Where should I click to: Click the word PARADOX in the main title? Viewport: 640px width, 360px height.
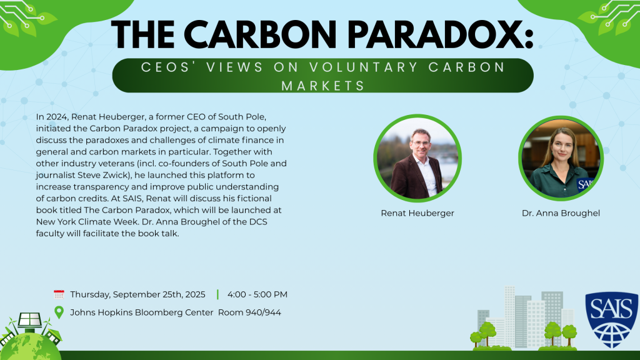pyautogui.click(x=440, y=35)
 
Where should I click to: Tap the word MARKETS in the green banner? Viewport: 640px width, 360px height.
pyautogui.click(x=323, y=86)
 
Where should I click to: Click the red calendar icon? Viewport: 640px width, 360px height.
pyautogui.click(x=59, y=294)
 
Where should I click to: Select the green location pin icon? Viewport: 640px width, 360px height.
pyautogui.click(x=59, y=312)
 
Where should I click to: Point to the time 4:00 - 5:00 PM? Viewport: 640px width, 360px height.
pyautogui.click(x=257, y=294)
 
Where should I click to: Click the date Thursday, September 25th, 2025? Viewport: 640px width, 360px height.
pyautogui.click(x=137, y=295)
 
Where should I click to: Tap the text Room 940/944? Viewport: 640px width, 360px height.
pyautogui.click(x=249, y=312)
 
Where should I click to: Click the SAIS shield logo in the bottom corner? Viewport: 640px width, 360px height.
pyautogui.click(x=611, y=319)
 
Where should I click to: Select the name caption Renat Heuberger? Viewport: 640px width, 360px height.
pyautogui.click(x=417, y=213)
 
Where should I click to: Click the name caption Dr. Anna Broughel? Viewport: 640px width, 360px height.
pyautogui.click(x=561, y=213)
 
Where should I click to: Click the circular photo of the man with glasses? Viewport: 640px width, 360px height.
pyautogui.click(x=417, y=158)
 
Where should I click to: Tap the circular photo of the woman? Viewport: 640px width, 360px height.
pyautogui.click(x=561, y=158)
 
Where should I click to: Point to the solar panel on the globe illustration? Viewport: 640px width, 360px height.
pyautogui.click(x=29, y=320)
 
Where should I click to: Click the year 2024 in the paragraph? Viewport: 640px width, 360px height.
pyautogui.click(x=57, y=117)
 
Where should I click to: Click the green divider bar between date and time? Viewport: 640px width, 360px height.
pyautogui.click(x=217, y=294)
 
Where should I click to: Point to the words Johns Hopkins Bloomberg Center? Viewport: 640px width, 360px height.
pyautogui.click(x=142, y=312)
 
